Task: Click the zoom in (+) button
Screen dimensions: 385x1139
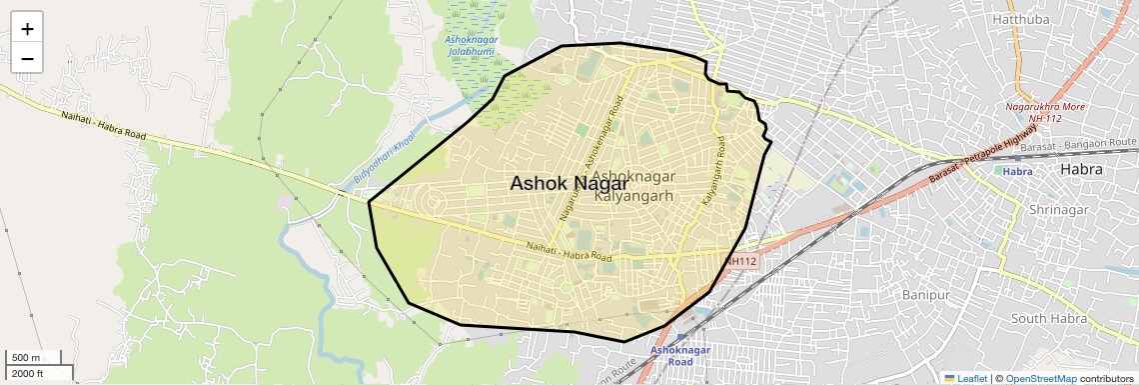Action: (x=27, y=29)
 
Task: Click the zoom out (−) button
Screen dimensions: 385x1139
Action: (x=27, y=59)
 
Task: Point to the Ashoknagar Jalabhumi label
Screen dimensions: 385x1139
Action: (x=469, y=44)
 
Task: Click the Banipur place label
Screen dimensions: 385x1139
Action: (x=931, y=295)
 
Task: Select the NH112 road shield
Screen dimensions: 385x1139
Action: (x=741, y=261)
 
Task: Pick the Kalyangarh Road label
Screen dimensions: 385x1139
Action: (x=713, y=174)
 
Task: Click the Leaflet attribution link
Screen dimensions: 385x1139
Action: (x=966, y=378)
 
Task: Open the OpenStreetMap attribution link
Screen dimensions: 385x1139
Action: (x=1040, y=378)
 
